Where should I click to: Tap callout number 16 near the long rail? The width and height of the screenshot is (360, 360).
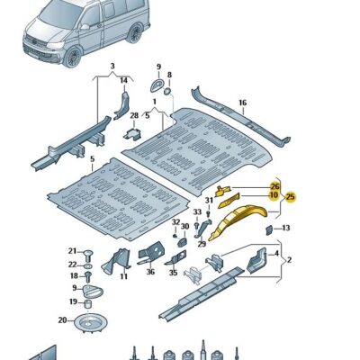(241, 103)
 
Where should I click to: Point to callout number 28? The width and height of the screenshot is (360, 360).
(134, 116)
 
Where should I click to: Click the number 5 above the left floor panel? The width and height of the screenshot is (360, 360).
(92, 157)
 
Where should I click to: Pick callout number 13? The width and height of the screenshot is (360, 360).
(285, 228)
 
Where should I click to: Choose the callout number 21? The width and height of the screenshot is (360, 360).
(74, 250)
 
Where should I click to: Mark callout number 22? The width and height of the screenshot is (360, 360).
(74, 264)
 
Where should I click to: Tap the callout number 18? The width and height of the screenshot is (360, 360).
(74, 276)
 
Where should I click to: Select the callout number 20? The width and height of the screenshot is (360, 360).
(62, 319)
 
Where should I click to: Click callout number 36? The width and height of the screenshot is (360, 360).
(150, 271)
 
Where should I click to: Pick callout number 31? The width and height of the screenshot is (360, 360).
(209, 200)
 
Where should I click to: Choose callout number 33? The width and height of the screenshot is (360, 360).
(197, 212)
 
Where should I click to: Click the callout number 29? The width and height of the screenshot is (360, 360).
(202, 243)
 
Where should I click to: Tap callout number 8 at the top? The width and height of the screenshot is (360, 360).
(169, 76)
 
